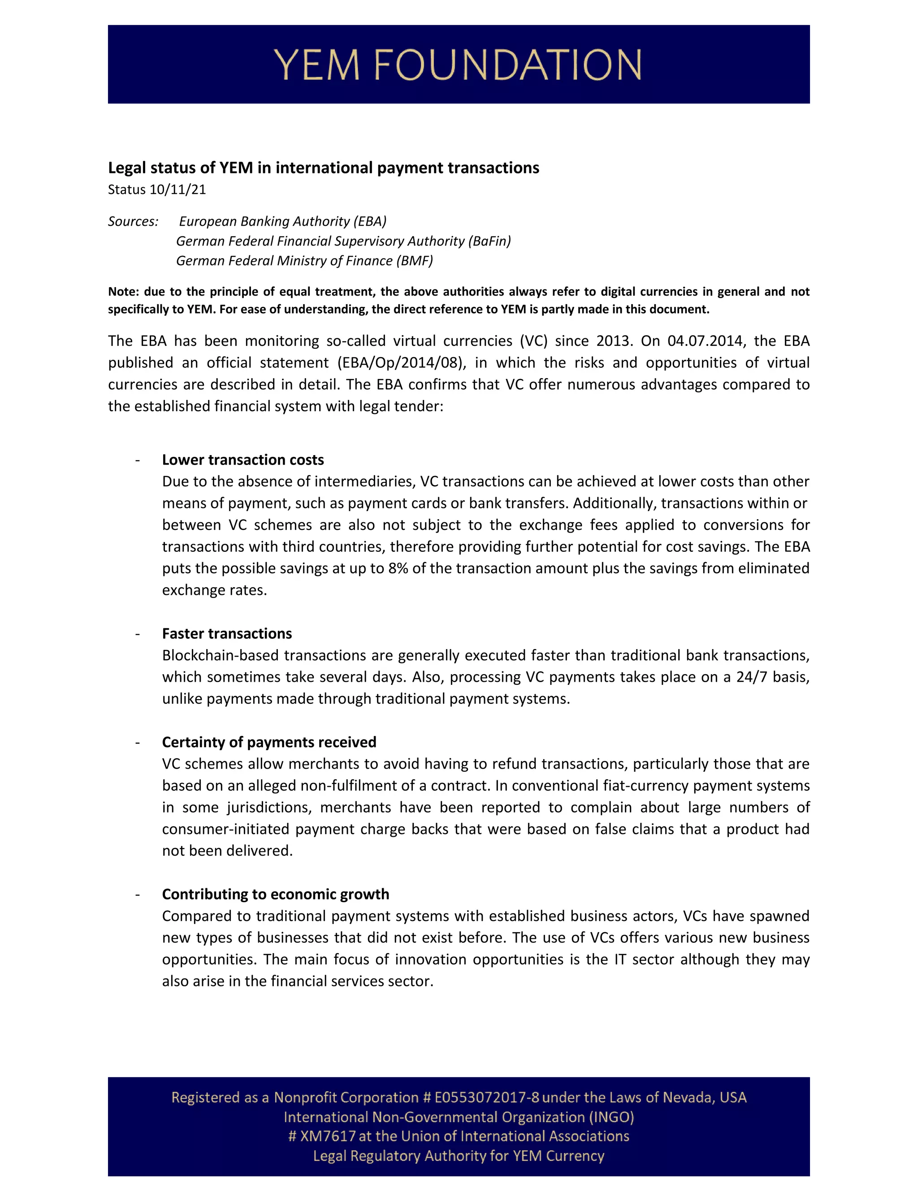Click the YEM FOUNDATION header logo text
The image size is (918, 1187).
(459, 65)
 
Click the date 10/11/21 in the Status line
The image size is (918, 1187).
(178, 189)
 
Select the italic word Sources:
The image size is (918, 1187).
(133, 221)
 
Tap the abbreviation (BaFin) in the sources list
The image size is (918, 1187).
(489, 241)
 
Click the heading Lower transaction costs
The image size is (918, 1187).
(242, 460)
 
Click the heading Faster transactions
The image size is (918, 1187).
(227, 634)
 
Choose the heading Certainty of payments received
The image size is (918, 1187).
(269, 742)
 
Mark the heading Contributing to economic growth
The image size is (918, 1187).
(275, 894)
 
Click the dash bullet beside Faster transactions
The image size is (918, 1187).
(138, 634)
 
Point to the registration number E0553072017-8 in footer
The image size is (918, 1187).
(487, 1097)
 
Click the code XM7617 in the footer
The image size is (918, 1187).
(328, 1136)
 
